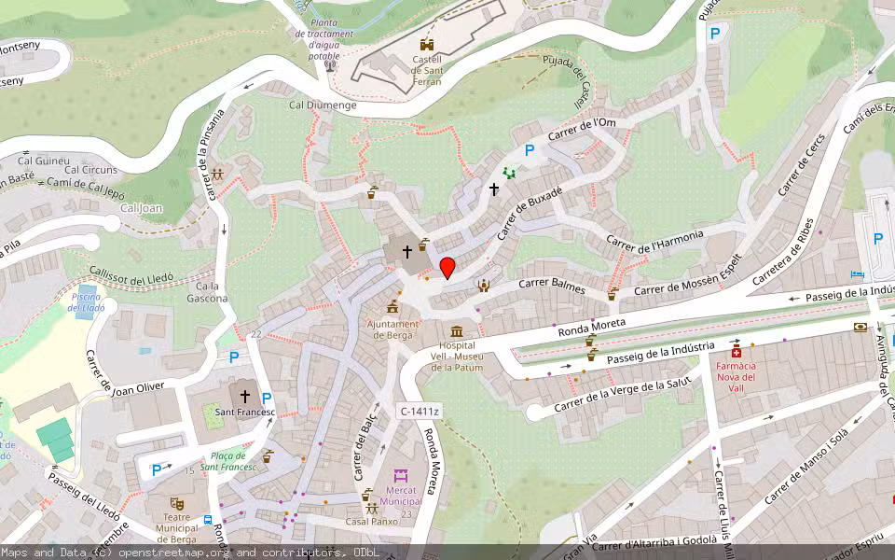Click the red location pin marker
pyautogui.click(x=447, y=267)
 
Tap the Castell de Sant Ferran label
pyautogui.click(x=427, y=68)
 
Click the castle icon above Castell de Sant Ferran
pyautogui.click(x=427, y=44)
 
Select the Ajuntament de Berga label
pyautogui.click(x=392, y=329)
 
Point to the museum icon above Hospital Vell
pyautogui.click(x=456, y=331)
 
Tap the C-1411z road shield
pyautogui.click(x=420, y=411)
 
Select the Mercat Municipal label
pyautogui.click(x=401, y=495)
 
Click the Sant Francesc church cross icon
pyautogui.click(x=245, y=396)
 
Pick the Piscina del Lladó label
pyautogui.click(x=88, y=301)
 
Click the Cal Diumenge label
pyautogui.click(x=323, y=105)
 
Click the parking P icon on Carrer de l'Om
pyautogui.click(x=530, y=149)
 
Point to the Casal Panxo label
pyautogui.click(x=372, y=521)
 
